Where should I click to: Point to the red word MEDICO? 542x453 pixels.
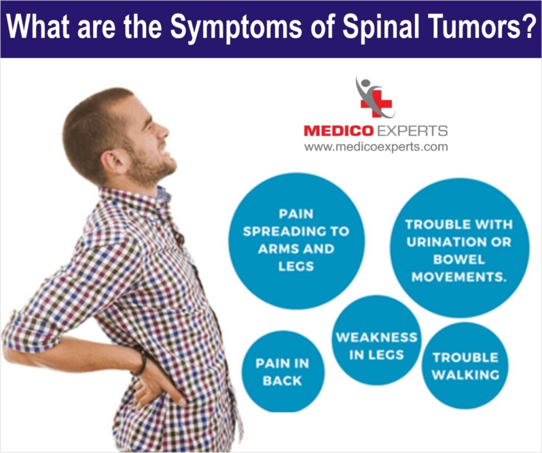click(338, 131)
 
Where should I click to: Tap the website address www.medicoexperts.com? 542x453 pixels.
click(375, 147)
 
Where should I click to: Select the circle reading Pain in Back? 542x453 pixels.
click(283, 372)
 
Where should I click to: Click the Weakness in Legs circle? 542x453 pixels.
click(376, 346)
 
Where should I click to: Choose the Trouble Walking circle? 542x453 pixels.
click(465, 366)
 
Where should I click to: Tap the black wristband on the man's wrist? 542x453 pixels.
click(141, 364)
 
